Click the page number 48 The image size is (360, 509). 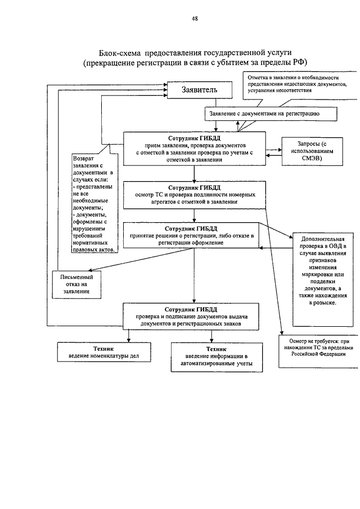195,19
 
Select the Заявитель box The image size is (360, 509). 200,90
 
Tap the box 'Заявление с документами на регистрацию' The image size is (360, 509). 271,114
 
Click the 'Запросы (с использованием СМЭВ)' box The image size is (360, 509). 312,151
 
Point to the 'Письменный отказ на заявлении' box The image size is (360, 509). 76,285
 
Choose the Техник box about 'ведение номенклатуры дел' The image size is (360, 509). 104,352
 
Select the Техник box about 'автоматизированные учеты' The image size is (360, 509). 217,357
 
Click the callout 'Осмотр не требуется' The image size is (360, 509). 318,351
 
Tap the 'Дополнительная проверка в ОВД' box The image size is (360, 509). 323,279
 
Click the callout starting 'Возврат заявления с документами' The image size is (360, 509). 93,203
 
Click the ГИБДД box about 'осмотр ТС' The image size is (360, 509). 195,195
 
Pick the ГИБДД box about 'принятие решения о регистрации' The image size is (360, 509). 191,235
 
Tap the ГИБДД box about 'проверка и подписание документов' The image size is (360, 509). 191,317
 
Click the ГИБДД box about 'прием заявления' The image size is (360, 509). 195,148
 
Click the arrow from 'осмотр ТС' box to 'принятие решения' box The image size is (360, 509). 195,215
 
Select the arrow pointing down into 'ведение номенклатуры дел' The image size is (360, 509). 129,336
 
